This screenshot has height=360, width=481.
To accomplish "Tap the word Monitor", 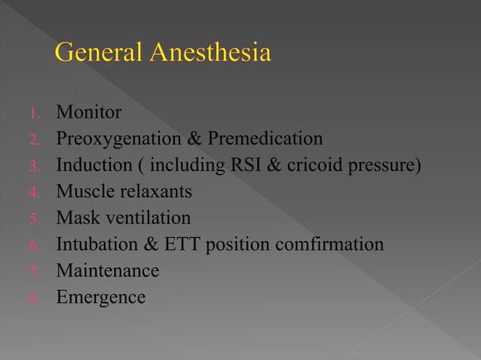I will (x=89, y=113).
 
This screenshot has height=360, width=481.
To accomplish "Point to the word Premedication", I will (x=265, y=139).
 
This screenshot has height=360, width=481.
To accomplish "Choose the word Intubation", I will (x=95, y=245).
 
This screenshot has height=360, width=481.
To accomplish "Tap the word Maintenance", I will (x=108, y=271).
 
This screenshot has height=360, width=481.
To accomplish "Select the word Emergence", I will (x=101, y=297).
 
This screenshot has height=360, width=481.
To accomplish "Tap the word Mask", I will (x=76, y=218).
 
